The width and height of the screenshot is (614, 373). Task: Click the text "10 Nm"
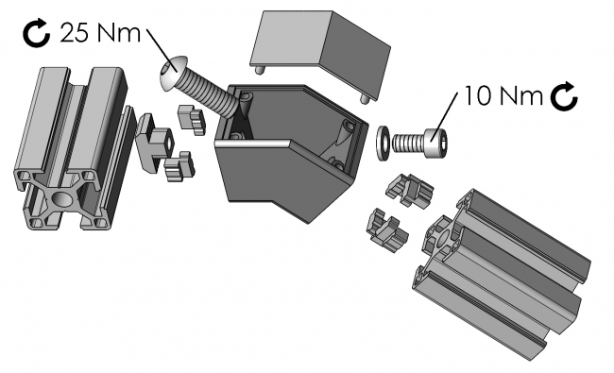pyautogui.click(x=501, y=96)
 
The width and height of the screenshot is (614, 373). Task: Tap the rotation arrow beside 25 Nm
pyautogui.click(x=36, y=34)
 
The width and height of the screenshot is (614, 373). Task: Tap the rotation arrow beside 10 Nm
pyautogui.click(x=565, y=94)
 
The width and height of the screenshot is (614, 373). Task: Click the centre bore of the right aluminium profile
pyautogui.click(x=445, y=243)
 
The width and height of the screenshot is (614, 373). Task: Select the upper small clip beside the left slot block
pyautogui.click(x=191, y=120)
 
